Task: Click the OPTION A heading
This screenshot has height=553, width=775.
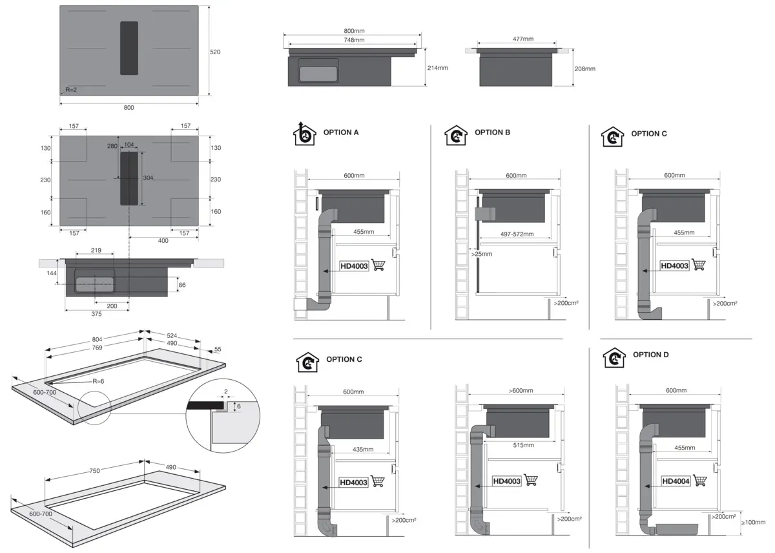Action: pyautogui.click(x=341, y=132)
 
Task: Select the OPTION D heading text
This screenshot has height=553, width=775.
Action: pyautogui.click(x=650, y=355)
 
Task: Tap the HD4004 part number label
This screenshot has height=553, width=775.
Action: pyautogui.click(x=676, y=481)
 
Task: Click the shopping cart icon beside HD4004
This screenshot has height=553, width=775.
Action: pyautogui.click(x=700, y=480)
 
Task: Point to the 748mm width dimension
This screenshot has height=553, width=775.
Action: pyautogui.click(x=354, y=40)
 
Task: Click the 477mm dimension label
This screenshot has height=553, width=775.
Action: pyautogui.click(x=522, y=39)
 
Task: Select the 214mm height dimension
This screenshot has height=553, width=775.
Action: pyautogui.click(x=437, y=68)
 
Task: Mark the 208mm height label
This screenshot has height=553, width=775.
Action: pyautogui.click(x=584, y=69)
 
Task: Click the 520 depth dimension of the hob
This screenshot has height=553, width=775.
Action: pyautogui.click(x=215, y=52)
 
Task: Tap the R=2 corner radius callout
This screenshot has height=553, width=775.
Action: pyautogui.click(x=71, y=90)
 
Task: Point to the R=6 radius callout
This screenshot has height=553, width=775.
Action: pyautogui.click(x=98, y=381)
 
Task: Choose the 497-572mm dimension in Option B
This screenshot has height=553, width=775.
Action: pyautogui.click(x=517, y=234)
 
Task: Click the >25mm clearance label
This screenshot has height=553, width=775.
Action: pyautogui.click(x=482, y=254)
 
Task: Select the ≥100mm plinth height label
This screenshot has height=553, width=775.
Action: pyautogui.click(x=753, y=522)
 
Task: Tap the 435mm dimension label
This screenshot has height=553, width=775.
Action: pyautogui.click(x=363, y=449)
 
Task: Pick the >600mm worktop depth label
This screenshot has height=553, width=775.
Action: pyautogui.click(x=521, y=390)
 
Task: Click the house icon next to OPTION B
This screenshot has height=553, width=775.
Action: pyautogui.click(x=456, y=135)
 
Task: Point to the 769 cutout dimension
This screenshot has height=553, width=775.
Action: pyautogui.click(x=98, y=348)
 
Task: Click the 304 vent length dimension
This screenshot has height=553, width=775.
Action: pyautogui.click(x=148, y=178)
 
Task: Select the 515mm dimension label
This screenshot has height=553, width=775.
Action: pyautogui.click(x=523, y=445)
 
